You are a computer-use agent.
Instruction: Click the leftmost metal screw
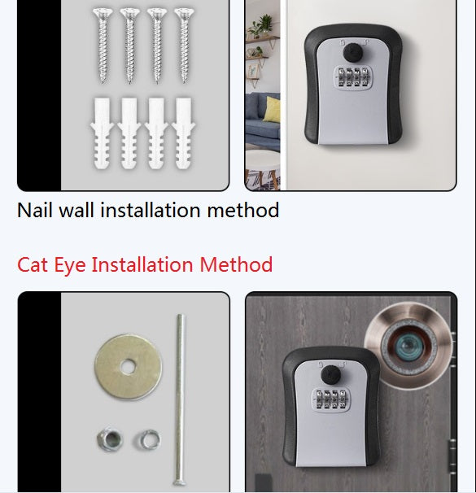(103, 46)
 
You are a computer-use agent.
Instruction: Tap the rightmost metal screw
(184, 46)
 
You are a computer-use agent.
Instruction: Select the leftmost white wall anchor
(102, 133)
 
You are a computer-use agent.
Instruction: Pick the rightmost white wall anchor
(184, 133)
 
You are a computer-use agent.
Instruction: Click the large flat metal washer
(129, 367)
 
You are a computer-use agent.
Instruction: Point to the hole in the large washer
(128, 367)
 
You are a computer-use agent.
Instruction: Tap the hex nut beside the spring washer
(110, 439)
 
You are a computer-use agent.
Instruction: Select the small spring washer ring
(147, 439)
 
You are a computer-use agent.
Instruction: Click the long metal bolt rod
(180, 400)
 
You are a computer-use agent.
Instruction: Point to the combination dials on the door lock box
(330, 399)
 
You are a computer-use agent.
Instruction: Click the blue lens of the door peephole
(408, 347)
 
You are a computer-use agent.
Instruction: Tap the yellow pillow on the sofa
(272, 109)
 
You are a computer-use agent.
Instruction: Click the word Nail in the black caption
(35, 210)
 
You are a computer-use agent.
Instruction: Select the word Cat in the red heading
(33, 264)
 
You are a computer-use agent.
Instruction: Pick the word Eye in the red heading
(70, 265)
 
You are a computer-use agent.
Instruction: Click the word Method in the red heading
(236, 264)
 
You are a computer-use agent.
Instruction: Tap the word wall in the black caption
(76, 210)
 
